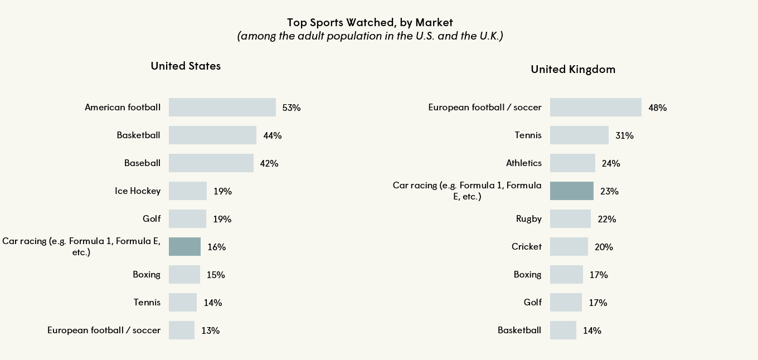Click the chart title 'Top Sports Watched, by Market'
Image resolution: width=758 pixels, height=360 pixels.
pos(370,23)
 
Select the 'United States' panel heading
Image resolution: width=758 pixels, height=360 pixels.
pos(186,66)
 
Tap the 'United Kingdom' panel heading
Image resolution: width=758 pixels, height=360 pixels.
pos(573,69)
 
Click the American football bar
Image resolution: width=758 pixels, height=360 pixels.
pos(222,107)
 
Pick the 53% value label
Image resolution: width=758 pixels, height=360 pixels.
pos(291,108)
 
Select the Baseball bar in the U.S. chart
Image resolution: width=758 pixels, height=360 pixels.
pos(211,163)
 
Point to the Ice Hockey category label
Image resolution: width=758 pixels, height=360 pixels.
pos(137,191)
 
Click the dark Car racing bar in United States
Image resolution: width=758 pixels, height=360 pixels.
pos(184,246)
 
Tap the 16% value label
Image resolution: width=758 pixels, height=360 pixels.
pos(216,247)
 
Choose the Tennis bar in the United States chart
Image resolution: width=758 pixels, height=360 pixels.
pos(182,302)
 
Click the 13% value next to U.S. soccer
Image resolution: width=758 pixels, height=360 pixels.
pos(210,330)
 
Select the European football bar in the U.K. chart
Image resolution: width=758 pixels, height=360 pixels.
pos(595,107)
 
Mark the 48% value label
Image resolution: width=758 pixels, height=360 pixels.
pos(658,108)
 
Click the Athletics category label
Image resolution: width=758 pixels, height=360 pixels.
pos(523,163)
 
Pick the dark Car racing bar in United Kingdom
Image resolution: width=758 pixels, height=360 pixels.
pos(571,191)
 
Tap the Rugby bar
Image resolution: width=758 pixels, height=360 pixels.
pos(570,218)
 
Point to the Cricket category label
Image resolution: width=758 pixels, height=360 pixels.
pos(526,246)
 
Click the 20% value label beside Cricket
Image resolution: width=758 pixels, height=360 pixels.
pos(604,247)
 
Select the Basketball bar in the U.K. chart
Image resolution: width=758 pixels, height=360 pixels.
pos(562,330)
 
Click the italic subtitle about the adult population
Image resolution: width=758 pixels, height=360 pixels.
pos(370,36)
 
